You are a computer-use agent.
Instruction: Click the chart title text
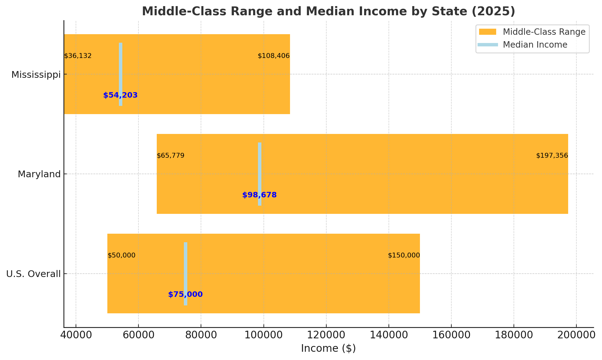click(x=328, y=12)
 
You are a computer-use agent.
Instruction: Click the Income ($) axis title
click(x=328, y=348)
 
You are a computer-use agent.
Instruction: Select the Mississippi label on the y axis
click(x=36, y=75)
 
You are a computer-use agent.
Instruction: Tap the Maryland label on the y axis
click(x=39, y=174)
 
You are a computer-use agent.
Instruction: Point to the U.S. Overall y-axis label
click(x=34, y=274)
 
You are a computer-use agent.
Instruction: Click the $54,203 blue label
click(x=120, y=95)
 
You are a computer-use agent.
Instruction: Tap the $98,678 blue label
click(x=260, y=195)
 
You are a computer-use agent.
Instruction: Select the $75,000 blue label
click(x=185, y=294)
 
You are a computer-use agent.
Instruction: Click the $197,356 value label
click(x=552, y=156)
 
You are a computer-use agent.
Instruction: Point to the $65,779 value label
click(x=170, y=156)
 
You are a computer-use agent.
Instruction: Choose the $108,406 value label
click(x=274, y=56)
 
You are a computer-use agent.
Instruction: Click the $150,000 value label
click(x=404, y=255)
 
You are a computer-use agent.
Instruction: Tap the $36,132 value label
click(x=78, y=56)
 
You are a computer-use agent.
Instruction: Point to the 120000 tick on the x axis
click(x=326, y=335)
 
